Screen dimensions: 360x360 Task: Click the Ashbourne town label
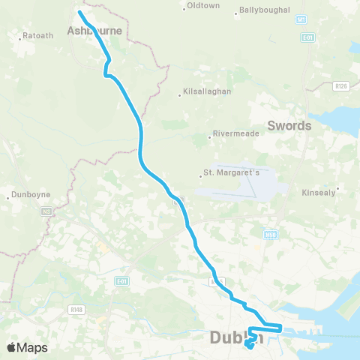94,31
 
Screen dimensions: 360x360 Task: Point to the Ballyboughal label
262,10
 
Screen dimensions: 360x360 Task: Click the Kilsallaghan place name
206,92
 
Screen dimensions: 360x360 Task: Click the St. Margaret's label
232,174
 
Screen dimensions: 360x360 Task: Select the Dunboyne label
32,194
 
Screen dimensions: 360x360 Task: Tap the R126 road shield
342,86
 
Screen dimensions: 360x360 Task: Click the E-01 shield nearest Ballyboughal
307,37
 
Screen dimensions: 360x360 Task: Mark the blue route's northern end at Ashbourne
79,12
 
